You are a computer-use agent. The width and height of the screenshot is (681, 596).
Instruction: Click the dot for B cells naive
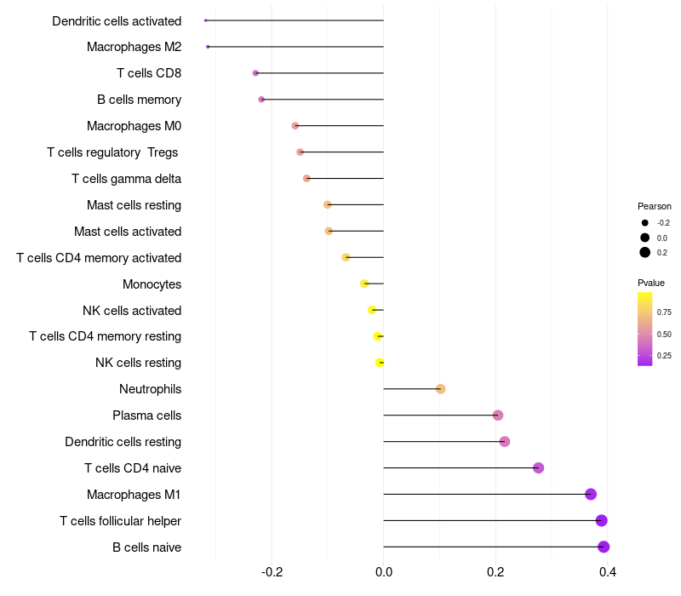604,547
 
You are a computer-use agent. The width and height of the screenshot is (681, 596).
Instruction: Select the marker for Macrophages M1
591,494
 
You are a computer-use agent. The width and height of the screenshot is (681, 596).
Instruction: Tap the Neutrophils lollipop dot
440,389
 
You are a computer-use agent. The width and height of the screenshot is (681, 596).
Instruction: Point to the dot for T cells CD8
255,73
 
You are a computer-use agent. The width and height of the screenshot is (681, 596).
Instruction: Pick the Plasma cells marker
498,415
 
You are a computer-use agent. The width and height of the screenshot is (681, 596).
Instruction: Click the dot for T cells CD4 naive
538,467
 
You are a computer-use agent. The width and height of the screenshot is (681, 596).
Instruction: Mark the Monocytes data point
364,284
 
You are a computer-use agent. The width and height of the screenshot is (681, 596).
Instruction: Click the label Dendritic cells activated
117,20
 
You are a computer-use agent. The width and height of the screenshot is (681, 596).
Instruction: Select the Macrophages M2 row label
134,47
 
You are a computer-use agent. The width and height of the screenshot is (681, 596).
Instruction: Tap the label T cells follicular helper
120,520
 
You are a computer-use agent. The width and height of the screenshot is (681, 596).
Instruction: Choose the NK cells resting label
138,363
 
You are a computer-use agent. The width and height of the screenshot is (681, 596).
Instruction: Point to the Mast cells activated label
128,231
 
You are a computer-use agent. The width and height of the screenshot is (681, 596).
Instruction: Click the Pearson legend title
655,206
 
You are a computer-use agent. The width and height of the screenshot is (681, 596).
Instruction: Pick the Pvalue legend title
651,283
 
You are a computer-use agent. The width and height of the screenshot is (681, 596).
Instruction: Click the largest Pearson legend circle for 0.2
645,252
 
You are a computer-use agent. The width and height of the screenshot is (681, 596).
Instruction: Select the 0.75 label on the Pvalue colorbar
664,312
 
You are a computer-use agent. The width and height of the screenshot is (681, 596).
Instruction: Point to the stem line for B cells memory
323,100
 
